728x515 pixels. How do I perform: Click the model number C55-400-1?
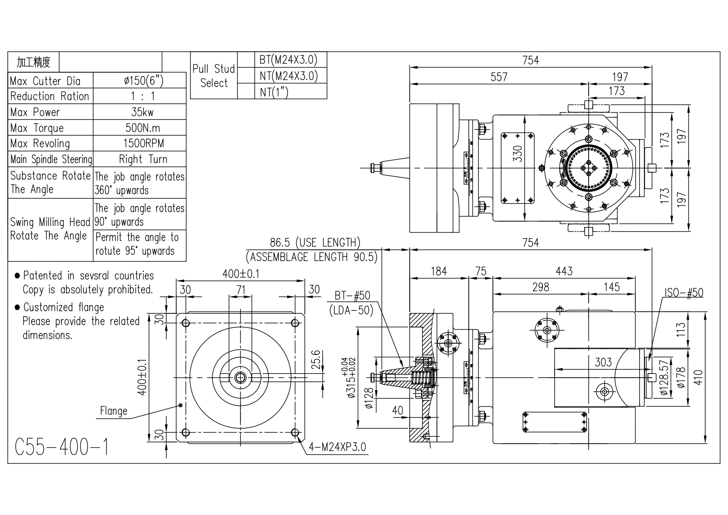click(x=62, y=447)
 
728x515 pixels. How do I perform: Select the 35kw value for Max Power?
click(x=142, y=112)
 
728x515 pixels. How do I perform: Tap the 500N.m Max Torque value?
click(x=143, y=128)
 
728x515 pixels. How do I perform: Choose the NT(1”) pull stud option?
click(x=274, y=92)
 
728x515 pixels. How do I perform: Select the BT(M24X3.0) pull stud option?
click(x=288, y=60)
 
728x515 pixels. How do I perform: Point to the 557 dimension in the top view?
click(x=499, y=77)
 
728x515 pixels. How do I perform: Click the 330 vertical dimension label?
click(x=517, y=154)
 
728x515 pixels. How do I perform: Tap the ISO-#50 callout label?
click(x=684, y=293)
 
